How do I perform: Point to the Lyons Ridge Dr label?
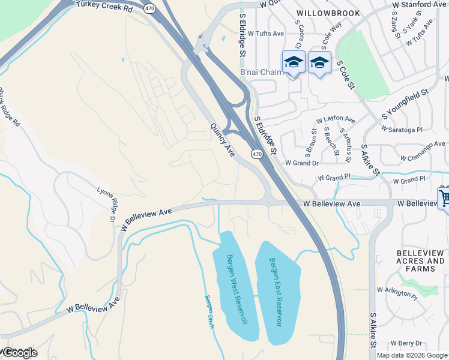point(106,205)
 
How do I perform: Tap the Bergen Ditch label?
point(209,312)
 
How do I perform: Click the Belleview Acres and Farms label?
point(420,261)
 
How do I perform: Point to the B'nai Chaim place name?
point(261,73)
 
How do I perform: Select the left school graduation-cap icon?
point(294,62)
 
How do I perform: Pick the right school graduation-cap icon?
point(319,62)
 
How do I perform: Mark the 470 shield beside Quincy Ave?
point(257,154)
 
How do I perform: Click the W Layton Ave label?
point(336,120)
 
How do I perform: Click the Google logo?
point(19,353)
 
